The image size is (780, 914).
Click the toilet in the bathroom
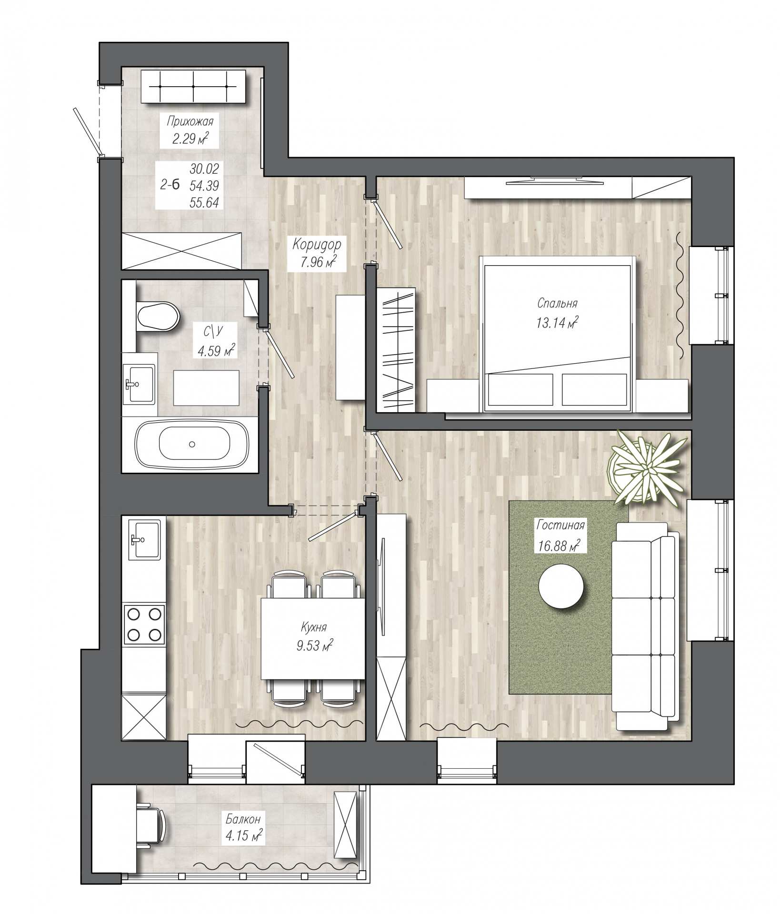157,316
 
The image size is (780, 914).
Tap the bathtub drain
192,444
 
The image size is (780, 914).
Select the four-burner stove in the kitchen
144,624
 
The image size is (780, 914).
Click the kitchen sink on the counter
144,539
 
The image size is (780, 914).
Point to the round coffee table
561,586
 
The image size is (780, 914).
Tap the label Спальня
557,303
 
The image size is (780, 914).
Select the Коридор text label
317,245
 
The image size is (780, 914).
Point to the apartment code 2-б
170,185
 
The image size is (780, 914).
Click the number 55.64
204,202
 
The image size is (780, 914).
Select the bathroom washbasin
139,384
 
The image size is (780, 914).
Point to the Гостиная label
560,526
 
